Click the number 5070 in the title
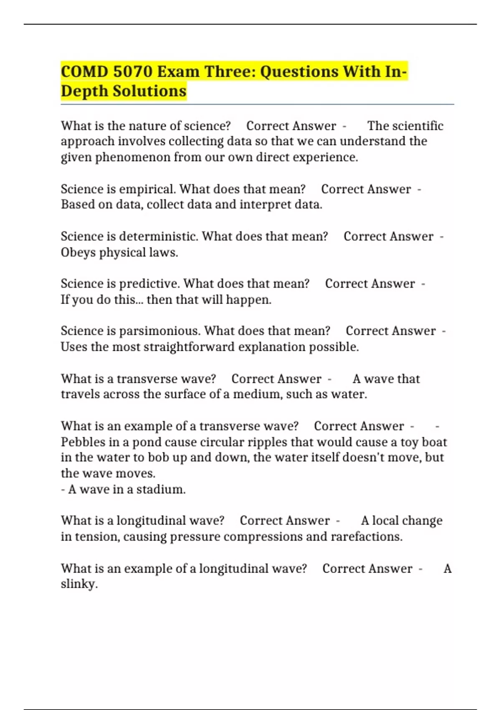tap(133, 72)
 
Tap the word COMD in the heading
tap(84, 72)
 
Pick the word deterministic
tap(159, 236)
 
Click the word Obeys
tap(78, 253)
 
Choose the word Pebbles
tap(82, 442)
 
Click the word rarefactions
tap(367, 536)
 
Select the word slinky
tap(79, 584)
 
